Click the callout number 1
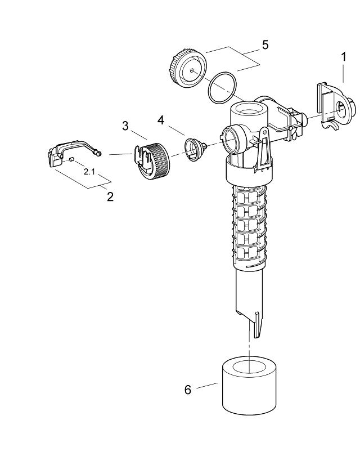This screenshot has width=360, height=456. tap(343, 57)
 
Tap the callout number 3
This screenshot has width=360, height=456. tap(126, 125)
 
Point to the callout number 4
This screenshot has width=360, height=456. tap(161, 120)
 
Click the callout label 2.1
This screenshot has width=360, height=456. tap(89, 171)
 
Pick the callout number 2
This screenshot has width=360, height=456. tap(110, 196)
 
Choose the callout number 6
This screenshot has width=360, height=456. tap(188, 389)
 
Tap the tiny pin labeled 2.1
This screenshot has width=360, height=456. tap(73, 160)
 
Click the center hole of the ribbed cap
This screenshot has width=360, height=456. tap(192, 70)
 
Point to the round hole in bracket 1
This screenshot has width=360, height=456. tap(343, 110)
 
